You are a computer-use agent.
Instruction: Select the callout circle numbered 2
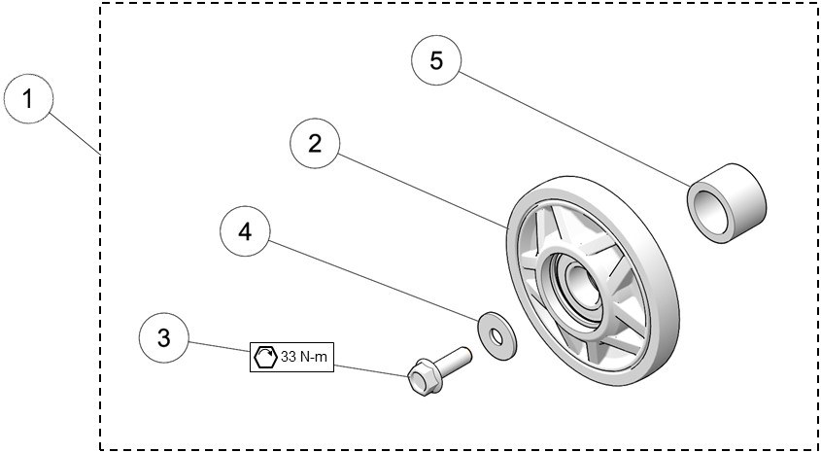click(316, 144)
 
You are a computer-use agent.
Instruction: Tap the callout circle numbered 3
click(164, 337)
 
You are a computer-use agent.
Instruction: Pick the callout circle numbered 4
click(245, 232)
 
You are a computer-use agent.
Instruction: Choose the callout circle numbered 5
click(436, 60)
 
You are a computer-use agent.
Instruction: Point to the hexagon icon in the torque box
click(264, 357)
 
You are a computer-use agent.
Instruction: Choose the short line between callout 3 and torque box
click(220, 347)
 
